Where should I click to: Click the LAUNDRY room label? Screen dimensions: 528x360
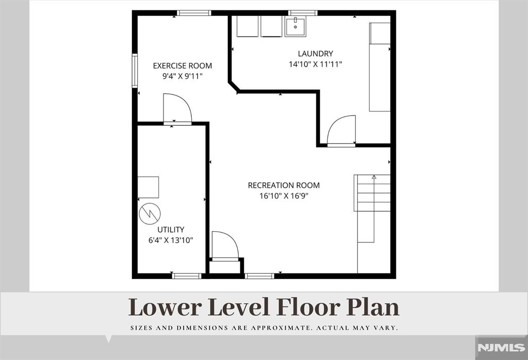315,54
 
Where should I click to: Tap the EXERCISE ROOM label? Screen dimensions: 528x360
182,66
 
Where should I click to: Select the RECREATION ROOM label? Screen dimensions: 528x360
284,185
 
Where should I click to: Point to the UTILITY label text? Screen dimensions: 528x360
171,230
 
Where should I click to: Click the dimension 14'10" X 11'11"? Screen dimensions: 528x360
315,64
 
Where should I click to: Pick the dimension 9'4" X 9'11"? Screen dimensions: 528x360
182,76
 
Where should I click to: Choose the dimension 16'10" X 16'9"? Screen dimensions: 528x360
284,196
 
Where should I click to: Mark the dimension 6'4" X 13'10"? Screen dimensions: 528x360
171,240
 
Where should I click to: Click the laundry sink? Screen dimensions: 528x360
295,27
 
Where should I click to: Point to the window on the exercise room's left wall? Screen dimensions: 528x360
135,71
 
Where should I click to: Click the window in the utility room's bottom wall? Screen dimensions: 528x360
187,276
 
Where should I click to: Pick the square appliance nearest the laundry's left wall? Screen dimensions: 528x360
247,26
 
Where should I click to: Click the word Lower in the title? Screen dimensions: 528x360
165,307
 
